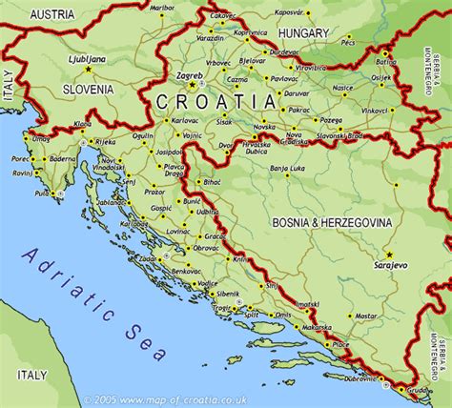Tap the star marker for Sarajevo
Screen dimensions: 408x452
tap(389, 255)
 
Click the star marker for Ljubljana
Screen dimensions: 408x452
tap(88, 69)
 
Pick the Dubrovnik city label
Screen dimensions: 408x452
tap(355, 377)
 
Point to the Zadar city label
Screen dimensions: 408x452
tap(148, 258)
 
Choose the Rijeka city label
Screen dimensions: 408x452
tap(106, 143)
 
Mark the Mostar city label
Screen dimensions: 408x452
tap(365, 315)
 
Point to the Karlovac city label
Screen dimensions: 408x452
tap(184, 121)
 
